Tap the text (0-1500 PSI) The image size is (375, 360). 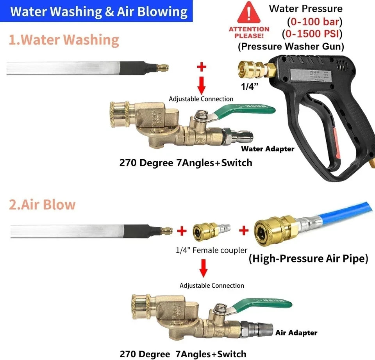pyautogui.click(x=314, y=34)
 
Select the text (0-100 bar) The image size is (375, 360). pyautogui.click(x=314, y=21)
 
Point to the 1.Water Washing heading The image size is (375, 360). pyautogui.click(x=64, y=40)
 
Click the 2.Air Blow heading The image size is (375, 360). pyautogui.click(x=42, y=205)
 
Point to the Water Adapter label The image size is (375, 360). pyautogui.click(x=268, y=149)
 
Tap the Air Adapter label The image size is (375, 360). pyautogui.click(x=296, y=333)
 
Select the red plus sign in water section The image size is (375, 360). pyautogui.click(x=201, y=67)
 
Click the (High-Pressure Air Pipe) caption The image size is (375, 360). pyautogui.click(x=308, y=258)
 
